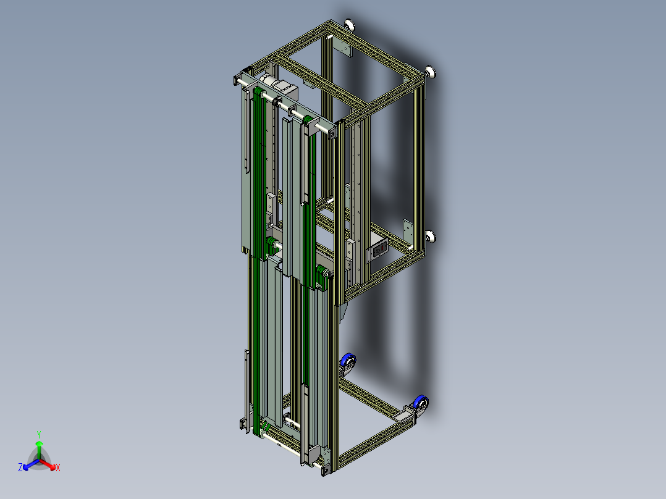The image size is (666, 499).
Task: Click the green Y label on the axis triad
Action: [39, 434]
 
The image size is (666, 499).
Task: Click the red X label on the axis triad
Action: [57, 468]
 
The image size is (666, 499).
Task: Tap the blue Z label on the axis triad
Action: [20, 468]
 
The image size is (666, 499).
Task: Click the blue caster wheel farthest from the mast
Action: [422, 405]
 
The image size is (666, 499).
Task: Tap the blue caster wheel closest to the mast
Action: [349, 362]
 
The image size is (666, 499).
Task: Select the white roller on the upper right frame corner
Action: [432, 72]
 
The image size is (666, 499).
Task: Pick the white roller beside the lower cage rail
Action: [431, 237]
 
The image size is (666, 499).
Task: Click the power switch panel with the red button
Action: [378, 249]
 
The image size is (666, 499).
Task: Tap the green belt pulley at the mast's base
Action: [265, 428]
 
